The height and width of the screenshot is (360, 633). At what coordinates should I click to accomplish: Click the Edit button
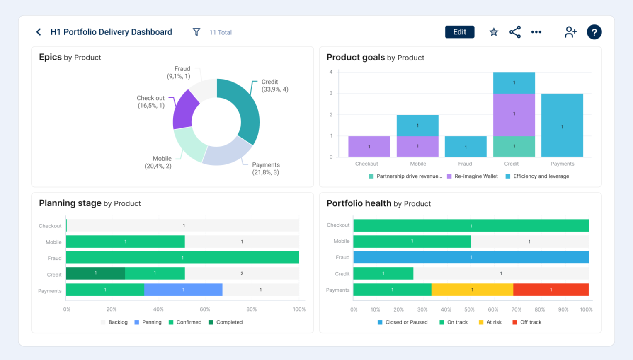(459, 32)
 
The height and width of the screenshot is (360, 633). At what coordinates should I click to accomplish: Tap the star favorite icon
(493, 32)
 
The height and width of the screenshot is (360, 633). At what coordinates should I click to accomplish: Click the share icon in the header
(515, 32)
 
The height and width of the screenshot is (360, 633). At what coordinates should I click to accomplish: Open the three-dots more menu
(536, 32)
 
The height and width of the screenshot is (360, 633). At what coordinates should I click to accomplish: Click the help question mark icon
(594, 32)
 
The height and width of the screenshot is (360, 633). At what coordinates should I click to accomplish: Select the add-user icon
(570, 32)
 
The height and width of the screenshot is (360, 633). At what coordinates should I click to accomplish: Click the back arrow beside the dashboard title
(39, 32)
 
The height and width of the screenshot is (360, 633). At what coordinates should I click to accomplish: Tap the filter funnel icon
(196, 32)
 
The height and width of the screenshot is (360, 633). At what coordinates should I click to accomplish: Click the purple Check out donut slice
(184, 110)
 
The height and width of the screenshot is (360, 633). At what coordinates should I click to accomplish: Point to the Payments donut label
(266, 168)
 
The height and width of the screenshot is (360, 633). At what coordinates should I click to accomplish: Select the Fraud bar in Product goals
(466, 146)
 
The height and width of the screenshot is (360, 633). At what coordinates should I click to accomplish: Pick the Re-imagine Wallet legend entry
(472, 176)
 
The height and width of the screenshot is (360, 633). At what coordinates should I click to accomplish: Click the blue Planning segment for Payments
(183, 290)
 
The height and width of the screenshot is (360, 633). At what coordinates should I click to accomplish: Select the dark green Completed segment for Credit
(95, 273)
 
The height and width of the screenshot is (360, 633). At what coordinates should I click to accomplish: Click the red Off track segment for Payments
(551, 290)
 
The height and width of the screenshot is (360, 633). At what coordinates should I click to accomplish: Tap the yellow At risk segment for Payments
(472, 290)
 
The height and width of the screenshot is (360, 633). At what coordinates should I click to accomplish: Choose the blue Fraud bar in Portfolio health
(471, 257)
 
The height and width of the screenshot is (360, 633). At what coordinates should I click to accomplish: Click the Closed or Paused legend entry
(403, 322)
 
